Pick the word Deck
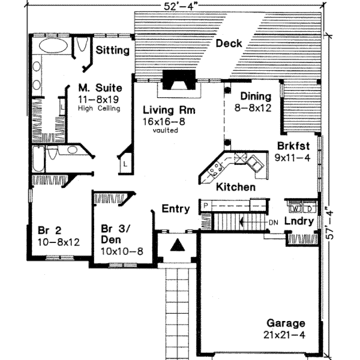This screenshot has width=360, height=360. [x=229, y=43]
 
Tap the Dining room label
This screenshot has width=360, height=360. [x=256, y=96]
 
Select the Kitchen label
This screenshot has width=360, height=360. [x=236, y=187]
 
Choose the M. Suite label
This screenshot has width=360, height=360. [x=98, y=86]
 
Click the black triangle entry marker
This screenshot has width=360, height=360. [x=178, y=245]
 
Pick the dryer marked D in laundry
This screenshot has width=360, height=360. [x=308, y=209]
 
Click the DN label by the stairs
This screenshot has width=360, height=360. [x=272, y=221]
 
